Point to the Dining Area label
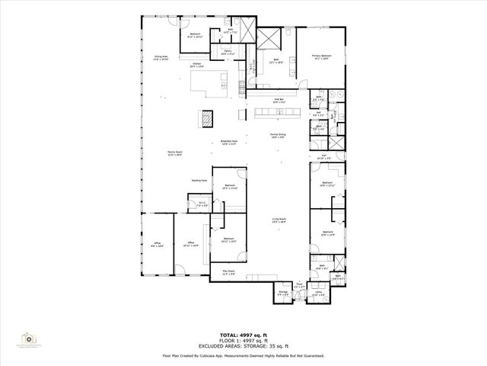[x=161, y=58]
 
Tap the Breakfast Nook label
[x=229, y=143]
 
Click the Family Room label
[x=174, y=153]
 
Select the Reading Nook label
[x=199, y=181]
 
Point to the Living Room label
[x=279, y=220]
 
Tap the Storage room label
[x=282, y=293]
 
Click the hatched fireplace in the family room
[x=207, y=117]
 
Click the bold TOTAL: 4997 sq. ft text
[x=243, y=335]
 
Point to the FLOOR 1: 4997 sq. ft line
[x=243, y=341]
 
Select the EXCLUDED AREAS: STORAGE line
[x=243, y=346]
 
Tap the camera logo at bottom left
[x=28, y=338]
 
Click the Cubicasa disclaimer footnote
[x=243, y=355]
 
